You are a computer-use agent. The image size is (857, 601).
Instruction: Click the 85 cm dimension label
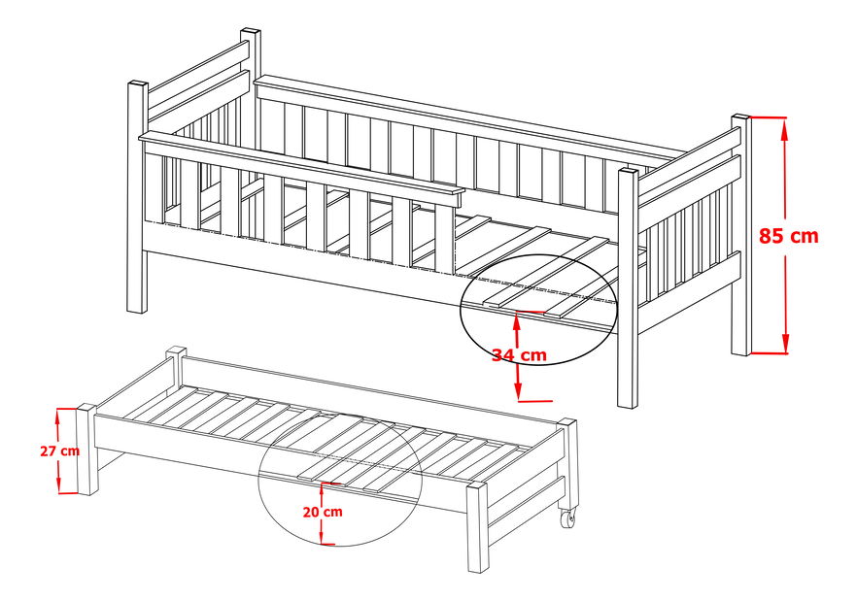coord(788,235)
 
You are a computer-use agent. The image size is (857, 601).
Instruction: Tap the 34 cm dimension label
coord(518,355)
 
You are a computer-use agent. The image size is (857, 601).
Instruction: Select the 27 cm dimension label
coord(59,451)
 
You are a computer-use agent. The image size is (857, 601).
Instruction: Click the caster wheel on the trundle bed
coord(566,519)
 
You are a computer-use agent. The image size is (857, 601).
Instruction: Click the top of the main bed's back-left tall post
coord(251,33)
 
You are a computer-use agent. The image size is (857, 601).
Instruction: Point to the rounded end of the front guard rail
coord(457,197)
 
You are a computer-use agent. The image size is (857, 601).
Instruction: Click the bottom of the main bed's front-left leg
coord(137,308)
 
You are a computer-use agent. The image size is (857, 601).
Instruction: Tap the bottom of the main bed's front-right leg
coord(627,403)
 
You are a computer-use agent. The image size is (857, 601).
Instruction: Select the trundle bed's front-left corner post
coord(87,451)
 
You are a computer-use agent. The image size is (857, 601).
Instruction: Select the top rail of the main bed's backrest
coord(466,112)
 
